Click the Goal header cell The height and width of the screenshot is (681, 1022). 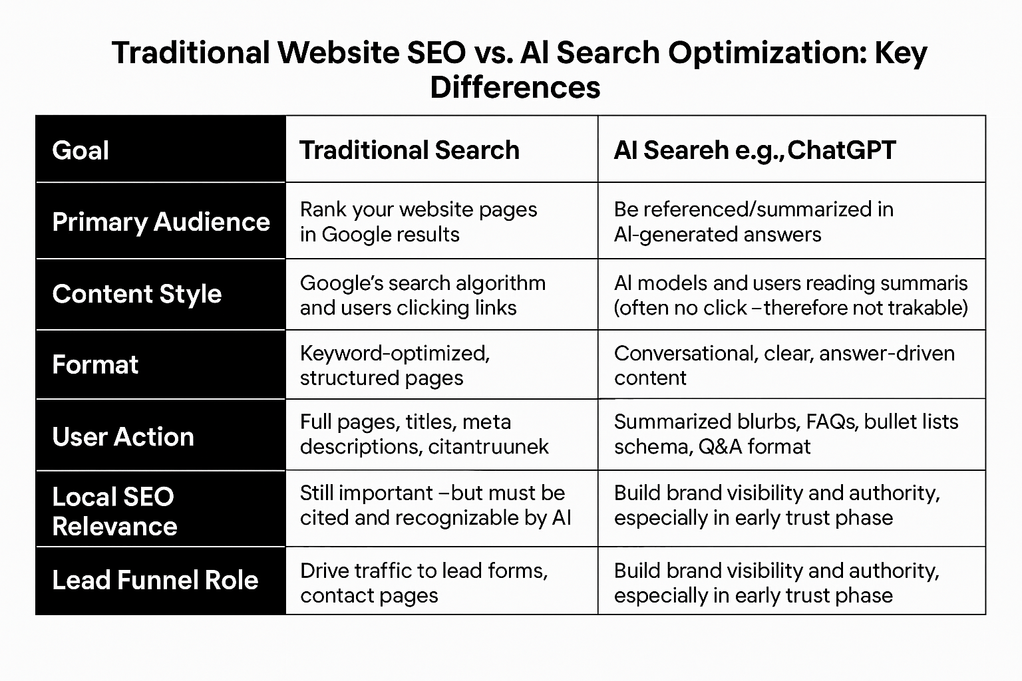click(81, 150)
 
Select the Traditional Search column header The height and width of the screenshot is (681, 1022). click(409, 150)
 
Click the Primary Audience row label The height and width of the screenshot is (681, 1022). click(161, 221)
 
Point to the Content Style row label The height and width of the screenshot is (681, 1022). click(137, 294)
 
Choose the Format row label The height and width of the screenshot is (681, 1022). click(95, 364)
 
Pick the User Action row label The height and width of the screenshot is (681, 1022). click(123, 437)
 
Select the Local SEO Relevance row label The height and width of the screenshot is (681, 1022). click(114, 511)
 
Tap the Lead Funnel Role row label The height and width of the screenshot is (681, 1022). click(155, 580)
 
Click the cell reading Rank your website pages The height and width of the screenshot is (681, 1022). click(418, 221)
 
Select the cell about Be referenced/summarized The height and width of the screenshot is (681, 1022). click(753, 221)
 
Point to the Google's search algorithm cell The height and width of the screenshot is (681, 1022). click(423, 295)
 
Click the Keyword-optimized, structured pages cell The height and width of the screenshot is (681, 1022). click(395, 365)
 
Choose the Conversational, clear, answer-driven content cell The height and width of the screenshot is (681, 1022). click(784, 365)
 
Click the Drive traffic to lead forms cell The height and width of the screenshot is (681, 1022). click(423, 583)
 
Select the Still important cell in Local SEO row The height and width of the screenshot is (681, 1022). click(435, 505)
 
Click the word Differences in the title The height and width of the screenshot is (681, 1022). click(515, 87)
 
